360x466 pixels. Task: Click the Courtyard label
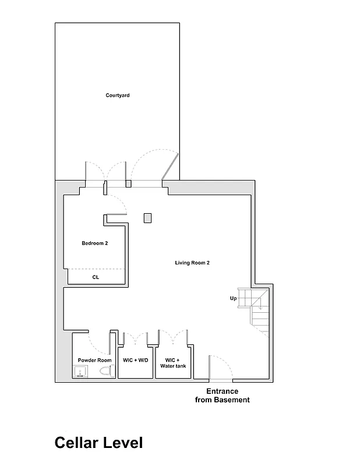pos(117,95)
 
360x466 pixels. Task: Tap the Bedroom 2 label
pos(94,243)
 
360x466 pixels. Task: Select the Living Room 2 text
pos(192,263)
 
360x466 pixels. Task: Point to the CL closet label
pos(96,277)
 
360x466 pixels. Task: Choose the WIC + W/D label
pos(136,360)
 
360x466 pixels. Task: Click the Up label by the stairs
pos(233,298)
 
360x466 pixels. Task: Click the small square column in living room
pos(148,218)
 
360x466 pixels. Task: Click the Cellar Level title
pos(98,443)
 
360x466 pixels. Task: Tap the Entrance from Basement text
pos(222,396)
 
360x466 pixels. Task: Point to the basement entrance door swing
pos(220,366)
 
